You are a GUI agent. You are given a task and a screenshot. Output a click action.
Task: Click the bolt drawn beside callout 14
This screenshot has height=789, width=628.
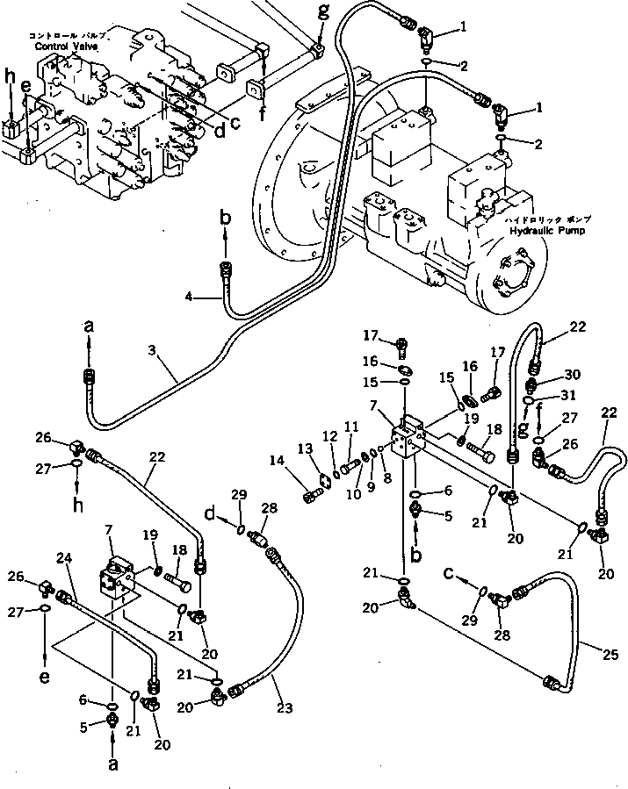point(311,498)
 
